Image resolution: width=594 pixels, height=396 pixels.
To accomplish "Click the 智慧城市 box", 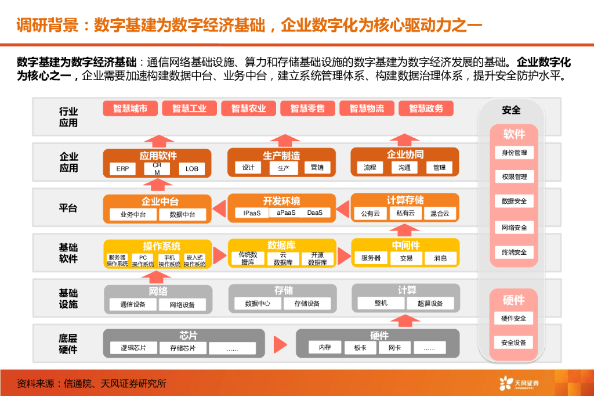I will click(x=131, y=109).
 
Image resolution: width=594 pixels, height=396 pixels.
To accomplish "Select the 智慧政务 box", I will click(x=426, y=109).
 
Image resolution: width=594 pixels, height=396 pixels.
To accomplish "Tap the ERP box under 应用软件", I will click(x=122, y=168).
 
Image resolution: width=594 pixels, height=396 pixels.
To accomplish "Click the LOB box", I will click(x=192, y=168).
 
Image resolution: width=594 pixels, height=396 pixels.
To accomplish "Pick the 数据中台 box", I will click(x=183, y=214).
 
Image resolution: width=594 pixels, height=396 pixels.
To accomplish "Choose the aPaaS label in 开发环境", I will click(x=286, y=213).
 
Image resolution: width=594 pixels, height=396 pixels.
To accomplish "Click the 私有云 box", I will click(x=405, y=213).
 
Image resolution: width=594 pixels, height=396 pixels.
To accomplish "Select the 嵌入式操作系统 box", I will click(x=195, y=260).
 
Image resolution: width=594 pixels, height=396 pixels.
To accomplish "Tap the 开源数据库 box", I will click(x=317, y=259).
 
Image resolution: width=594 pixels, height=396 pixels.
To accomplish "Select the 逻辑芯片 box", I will click(x=133, y=348).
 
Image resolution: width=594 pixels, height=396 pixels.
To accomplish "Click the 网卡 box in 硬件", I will click(x=394, y=347).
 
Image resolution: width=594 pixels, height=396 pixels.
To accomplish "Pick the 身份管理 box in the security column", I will click(x=514, y=153).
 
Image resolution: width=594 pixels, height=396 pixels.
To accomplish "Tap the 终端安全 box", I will click(x=514, y=252).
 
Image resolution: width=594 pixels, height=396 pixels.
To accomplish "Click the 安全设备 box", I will click(x=514, y=343).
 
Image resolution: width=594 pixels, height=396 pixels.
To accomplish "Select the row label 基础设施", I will click(x=68, y=298).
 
